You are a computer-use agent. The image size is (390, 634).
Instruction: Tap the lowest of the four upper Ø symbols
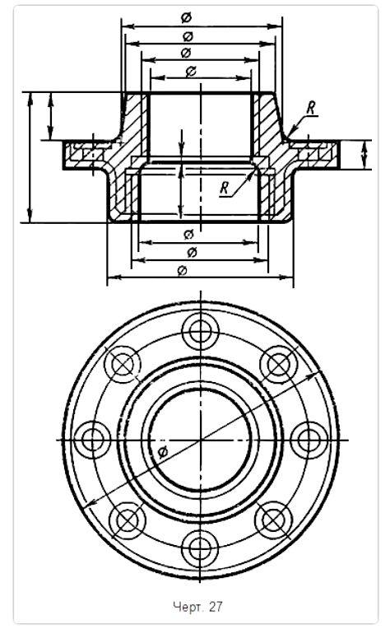pyautogui.click(x=190, y=72)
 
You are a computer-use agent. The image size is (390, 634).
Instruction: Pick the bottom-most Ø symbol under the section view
pyautogui.click(x=182, y=270)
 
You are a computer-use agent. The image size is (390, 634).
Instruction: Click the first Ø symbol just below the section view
pyautogui.click(x=189, y=234)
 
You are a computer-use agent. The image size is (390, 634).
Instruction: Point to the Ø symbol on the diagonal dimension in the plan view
pyautogui.click(x=163, y=452)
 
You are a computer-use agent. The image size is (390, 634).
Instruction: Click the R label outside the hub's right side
pyautogui.click(x=310, y=108)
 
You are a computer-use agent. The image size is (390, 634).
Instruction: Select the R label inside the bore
pyautogui.click(x=224, y=187)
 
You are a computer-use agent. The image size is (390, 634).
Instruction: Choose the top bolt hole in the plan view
pyautogui.click(x=197, y=332)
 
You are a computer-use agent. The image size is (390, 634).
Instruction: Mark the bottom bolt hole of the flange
pyautogui.click(x=197, y=546)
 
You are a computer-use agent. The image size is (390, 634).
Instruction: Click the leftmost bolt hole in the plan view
pyautogui.click(x=91, y=438)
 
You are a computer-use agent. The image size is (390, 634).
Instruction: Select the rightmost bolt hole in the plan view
pyautogui.click(x=305, y=438)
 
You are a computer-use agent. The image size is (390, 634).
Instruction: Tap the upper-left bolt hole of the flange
pyautogui.click(x=122, y=363)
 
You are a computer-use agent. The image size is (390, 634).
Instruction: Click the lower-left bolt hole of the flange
pyautogui.click(x=122, y=515)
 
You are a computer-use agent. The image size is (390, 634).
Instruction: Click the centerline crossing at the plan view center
pyautogui.click(x=197, y=439)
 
